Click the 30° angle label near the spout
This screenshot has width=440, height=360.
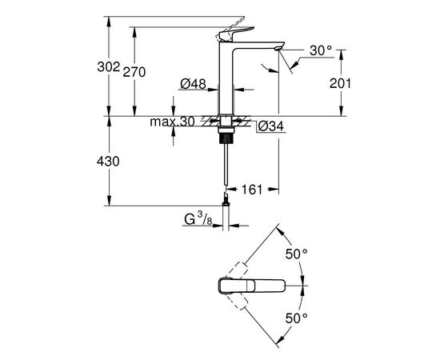pos(321,50)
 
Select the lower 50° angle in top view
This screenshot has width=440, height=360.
pos(298,318)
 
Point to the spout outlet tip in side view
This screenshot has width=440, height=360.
pos(277,50)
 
